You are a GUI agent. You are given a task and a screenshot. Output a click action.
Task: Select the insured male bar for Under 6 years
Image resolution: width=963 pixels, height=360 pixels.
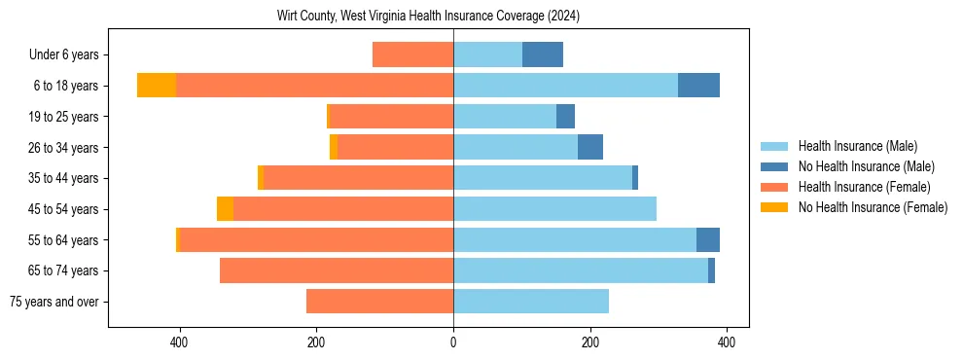point(487,54)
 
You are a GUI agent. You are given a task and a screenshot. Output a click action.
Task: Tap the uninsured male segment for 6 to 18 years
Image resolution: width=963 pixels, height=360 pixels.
point(698,86)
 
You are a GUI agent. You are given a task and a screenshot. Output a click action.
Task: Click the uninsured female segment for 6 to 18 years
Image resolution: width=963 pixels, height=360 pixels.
point(157,86)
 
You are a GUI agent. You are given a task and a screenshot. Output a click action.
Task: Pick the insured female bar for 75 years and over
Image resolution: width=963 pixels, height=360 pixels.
point(379,302)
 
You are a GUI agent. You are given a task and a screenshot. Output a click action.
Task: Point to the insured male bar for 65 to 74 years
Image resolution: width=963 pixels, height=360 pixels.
point(581,270)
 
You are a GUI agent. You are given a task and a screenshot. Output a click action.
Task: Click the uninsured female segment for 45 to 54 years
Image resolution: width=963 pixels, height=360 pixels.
point(225,209)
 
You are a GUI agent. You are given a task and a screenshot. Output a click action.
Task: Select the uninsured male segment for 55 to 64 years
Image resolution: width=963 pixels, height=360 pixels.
point(708,239)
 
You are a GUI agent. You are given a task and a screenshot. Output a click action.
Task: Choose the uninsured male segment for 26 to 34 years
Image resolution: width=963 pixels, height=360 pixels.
point(590,147)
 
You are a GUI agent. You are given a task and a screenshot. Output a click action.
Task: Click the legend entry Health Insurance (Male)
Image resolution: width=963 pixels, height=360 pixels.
point(857,146)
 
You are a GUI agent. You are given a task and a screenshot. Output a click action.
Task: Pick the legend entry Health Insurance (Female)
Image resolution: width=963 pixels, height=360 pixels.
point(864,187)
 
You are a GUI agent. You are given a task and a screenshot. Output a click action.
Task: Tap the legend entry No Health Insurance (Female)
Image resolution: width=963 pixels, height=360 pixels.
point(873,207)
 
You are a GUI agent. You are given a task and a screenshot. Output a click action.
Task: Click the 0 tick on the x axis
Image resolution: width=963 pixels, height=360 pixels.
point(453,342)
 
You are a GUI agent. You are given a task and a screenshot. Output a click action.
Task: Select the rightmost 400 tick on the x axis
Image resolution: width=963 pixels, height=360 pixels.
point(727,342)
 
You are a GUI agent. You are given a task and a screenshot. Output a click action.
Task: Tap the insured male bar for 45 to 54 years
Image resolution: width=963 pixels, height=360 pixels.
point(554,209)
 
